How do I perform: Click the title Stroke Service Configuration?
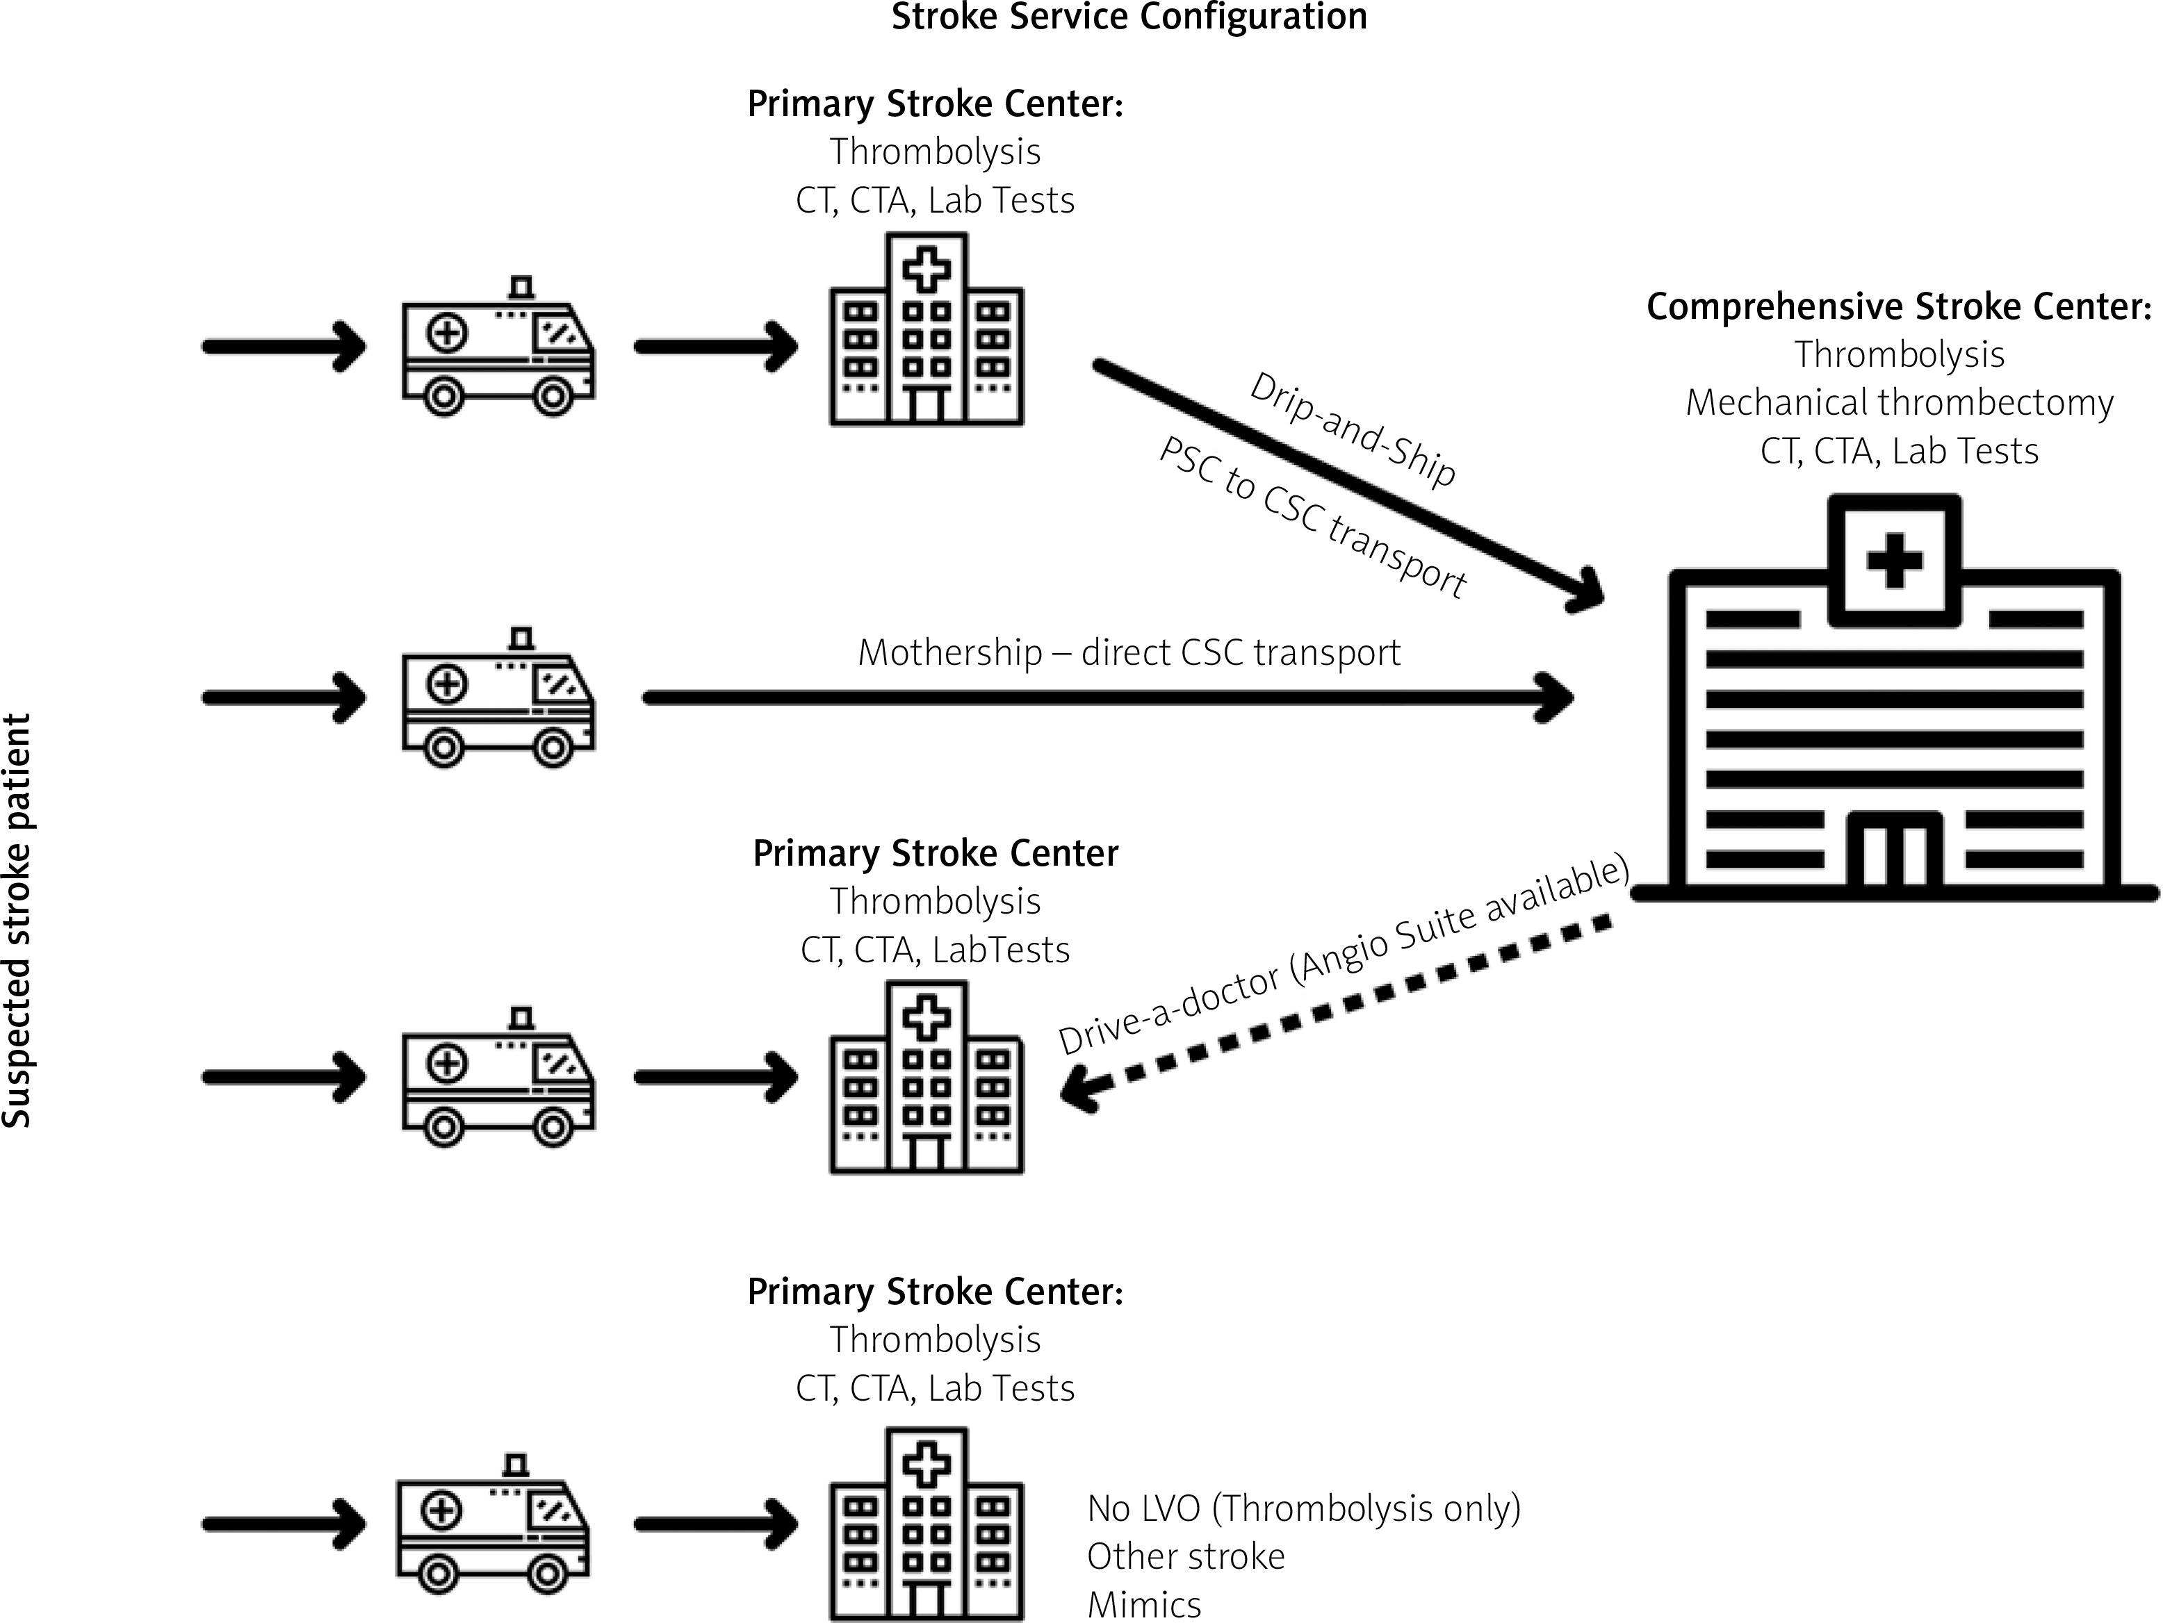[1129, 17]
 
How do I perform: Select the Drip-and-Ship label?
[1353, 430]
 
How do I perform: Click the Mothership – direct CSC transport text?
[1129, 652]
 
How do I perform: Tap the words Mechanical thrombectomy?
[1899, 403]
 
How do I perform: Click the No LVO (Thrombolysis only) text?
[1303, 1508]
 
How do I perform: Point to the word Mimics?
[1144, 1604]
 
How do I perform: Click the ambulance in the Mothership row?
[499, 698]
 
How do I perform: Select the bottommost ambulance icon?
[493, 1524]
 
